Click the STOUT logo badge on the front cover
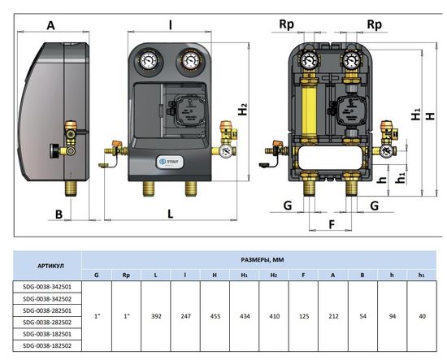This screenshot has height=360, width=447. (170, 162)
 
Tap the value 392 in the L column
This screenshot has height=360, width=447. (156, 316)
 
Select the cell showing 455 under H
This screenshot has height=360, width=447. (215, 316)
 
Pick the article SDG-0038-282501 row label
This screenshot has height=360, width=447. (47, 310)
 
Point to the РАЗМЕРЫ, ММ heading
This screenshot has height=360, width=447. (263, 260)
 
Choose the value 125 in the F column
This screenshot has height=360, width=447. (304, 316)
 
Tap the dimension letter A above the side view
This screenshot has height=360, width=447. (50, 26)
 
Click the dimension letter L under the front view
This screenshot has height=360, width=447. (170, 214)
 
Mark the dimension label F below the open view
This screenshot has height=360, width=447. (332, 224)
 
